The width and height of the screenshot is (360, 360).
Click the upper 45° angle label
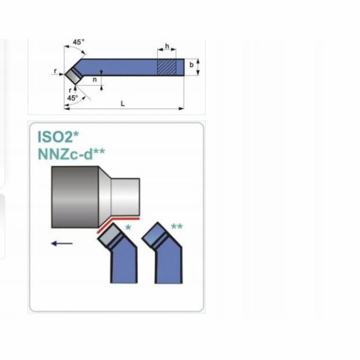(79, 42)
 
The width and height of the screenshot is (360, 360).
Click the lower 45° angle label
(73, 98)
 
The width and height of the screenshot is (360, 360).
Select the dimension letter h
(167, 46)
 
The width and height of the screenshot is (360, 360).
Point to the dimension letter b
(191, 65)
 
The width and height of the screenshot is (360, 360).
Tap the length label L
(122, 104)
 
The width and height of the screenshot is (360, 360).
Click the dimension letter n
(95, 80)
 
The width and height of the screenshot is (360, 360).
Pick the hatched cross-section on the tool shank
(167, 67)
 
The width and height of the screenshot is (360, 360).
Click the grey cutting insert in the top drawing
(73, 76)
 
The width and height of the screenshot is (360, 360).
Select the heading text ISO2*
(58, 137)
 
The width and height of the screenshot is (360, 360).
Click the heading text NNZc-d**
(71, 154)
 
